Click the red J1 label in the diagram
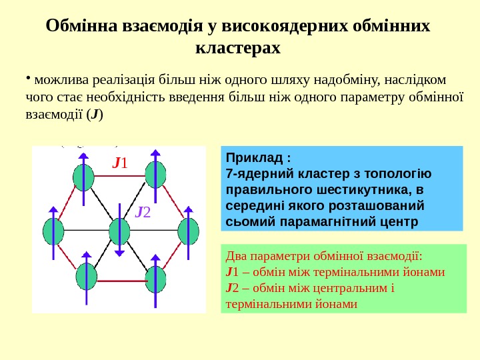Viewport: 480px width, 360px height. (x=121, y=162)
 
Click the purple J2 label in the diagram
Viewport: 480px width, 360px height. (x=143, y=212)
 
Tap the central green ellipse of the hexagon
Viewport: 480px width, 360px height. (x=119, y=231)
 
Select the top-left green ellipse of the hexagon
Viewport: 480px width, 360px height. (x=83, y=177)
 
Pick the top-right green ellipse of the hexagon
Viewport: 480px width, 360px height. (x=155, y=175)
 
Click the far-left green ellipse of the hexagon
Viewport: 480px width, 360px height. (x=53, y=231)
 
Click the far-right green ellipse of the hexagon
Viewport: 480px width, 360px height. (x=189, y=231)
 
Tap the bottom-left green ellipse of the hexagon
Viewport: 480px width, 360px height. (x=87, y=276)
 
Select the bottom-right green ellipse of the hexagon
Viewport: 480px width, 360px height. (x=155, y=277)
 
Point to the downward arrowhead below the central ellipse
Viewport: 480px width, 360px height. (x=119, y=253)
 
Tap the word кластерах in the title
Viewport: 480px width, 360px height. (x=239, y=49)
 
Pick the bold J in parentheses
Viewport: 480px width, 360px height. (x=95, y=114)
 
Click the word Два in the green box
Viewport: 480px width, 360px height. (x=237, y=257)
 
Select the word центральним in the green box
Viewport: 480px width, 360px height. (x=349, y=288)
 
